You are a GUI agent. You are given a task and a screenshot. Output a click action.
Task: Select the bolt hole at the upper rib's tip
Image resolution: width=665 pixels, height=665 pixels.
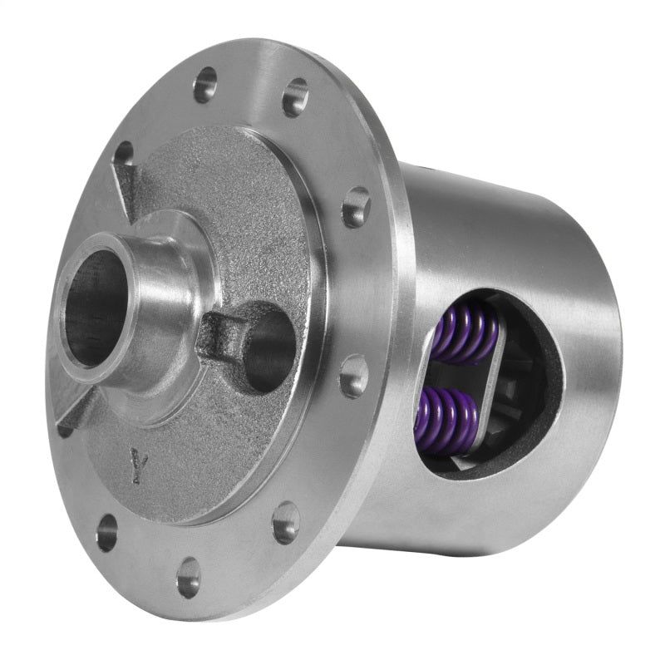[x=124, y=154]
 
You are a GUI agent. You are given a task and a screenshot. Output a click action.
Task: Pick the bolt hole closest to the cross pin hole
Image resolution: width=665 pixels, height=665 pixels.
[x=352, y=376]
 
